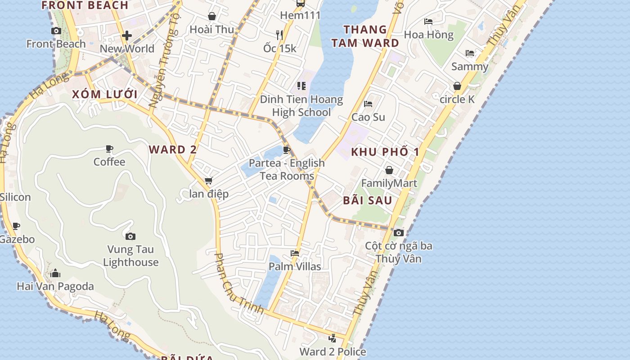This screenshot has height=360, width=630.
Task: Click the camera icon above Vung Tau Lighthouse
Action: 130,236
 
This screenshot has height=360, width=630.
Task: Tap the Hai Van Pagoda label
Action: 55,286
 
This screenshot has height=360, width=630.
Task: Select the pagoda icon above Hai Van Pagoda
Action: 55,273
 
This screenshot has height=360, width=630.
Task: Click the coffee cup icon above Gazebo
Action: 17,226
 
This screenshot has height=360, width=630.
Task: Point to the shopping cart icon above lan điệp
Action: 208,181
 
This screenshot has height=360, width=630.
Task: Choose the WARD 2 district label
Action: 173,149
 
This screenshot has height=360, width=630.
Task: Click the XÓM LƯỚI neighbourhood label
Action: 104,94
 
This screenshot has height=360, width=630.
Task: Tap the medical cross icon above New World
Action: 127,36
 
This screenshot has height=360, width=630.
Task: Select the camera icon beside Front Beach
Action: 56,31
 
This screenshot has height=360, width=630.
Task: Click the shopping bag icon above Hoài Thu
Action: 212,17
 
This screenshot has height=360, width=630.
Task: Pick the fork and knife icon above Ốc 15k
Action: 279,35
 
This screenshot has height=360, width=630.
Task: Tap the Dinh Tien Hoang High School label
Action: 301,106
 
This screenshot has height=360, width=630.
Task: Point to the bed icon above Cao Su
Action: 368,104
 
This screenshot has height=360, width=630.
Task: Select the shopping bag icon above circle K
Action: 457,86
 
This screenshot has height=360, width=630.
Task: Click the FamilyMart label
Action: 389,183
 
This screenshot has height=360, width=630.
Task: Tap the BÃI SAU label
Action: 368,200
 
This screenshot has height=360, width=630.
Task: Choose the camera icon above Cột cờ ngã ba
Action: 398,233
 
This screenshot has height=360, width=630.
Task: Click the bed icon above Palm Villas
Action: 295,253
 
